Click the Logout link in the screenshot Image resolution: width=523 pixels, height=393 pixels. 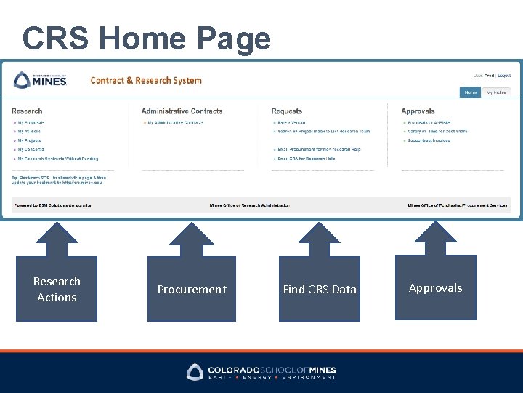click(x=504, y=76)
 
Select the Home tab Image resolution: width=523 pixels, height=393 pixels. click(x=471, y=92)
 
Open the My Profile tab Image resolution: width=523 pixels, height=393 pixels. click(x=497, y=92)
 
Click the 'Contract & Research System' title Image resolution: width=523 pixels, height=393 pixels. click(x=146, y=80)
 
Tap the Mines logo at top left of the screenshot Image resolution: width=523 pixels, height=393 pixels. click(x=41, y=80)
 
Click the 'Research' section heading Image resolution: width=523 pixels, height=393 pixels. click(x=27, y=111)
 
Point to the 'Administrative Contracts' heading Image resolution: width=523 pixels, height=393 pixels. click(x=182, y=111)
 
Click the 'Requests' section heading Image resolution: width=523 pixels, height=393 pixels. click(x=286, y=111)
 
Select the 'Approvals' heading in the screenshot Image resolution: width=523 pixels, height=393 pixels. click(x=418, y=111)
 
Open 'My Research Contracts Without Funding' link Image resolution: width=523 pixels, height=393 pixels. click(x=57, y=159)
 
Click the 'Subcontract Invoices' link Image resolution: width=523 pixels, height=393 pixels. click(x=429, y=140)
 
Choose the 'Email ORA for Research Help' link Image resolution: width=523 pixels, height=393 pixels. click(x=306, y=159)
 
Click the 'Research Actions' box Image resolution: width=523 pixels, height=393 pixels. click(x=57, y=289)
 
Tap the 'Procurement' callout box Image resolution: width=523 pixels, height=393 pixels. click(x=192, y=289)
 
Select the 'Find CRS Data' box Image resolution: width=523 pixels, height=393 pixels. click(x=320, y=289)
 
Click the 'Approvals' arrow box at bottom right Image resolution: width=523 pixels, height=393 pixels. click(x=435, y=287)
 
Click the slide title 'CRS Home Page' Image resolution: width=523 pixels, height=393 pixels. click(x=146, y=38)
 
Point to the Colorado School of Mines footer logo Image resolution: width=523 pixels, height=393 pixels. click(x=261, y=372)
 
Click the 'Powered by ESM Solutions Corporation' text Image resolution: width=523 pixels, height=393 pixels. click(x=52, y=205)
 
